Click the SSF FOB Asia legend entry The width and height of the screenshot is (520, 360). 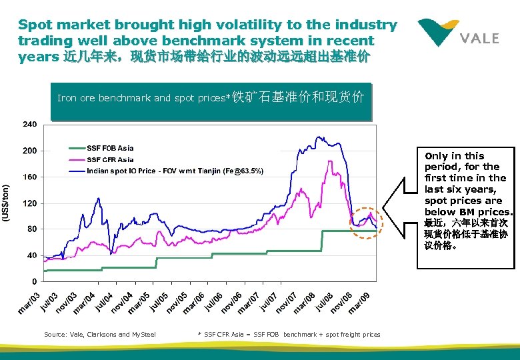click(x=110, y=148)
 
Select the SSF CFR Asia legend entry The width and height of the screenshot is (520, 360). click(x=110, y=159)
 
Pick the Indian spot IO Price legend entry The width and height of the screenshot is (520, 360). click(x=175, y=171)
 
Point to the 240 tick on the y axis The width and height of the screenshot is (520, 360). click(x=30, y=125)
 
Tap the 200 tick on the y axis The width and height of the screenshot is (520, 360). click(x=30, y=151)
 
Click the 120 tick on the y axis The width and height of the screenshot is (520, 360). click(x=30, y=203)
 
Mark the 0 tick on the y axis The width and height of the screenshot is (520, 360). click(x=34, y=281)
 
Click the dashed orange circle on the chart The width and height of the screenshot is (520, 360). click(x=366, y=223)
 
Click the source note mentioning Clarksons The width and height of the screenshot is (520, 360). click(x=99, y=334)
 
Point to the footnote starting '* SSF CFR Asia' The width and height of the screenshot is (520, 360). click(x=289, y=334)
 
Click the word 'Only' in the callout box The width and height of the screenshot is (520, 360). click(x=437, y=155)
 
